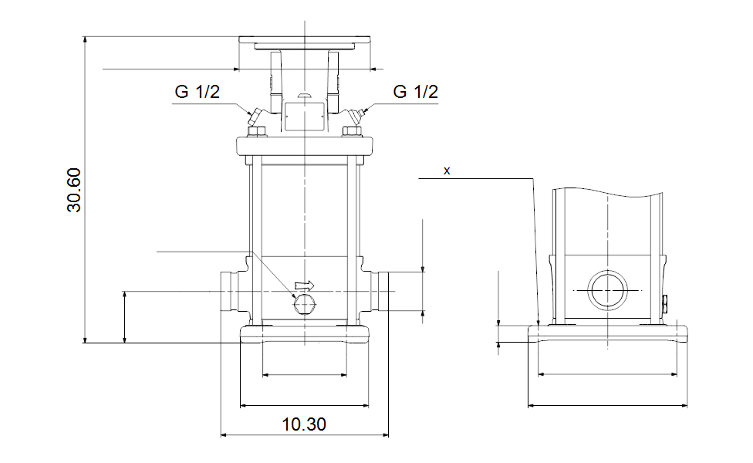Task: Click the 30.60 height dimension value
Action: tap(74, 189)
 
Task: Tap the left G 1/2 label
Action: tap(198, 92)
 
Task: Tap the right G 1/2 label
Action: tap(415, 92)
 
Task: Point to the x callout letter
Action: tap(447, 171)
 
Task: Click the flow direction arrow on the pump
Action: tap(306, 286)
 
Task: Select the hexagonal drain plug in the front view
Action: tap(305, 306)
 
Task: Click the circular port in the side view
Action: tap(609, 290)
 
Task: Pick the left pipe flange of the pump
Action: tap(228, 290)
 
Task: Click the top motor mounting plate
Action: tap(305, 40)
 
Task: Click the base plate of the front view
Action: tap(305, 333)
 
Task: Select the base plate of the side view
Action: tap(607, 333)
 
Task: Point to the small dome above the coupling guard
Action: tap(304, 96)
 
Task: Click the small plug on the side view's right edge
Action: tap(664, 302)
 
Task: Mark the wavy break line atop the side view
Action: tap(608, 191)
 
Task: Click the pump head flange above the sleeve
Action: tap(305, 145)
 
